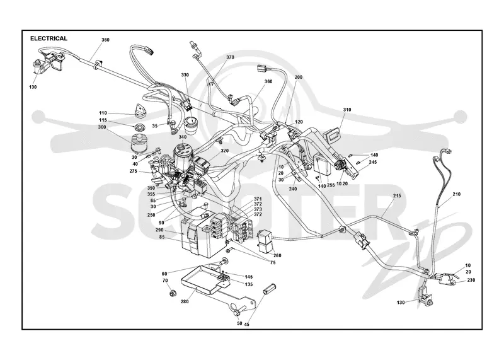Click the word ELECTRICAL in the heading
pos(49,38)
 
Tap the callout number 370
pos(230,57)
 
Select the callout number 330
pos(185,75)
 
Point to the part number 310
pos(347,110)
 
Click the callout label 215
pos(397,195)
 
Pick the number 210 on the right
pos(456,194)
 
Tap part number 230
pos(471,280)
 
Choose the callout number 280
pos(185,301)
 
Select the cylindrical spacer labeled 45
pos(270,289)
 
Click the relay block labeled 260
pos(266,241)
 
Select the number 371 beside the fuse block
pos(258,199)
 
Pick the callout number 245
pos(372,163)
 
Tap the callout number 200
pos(298,77)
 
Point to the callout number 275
pos(134,171)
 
